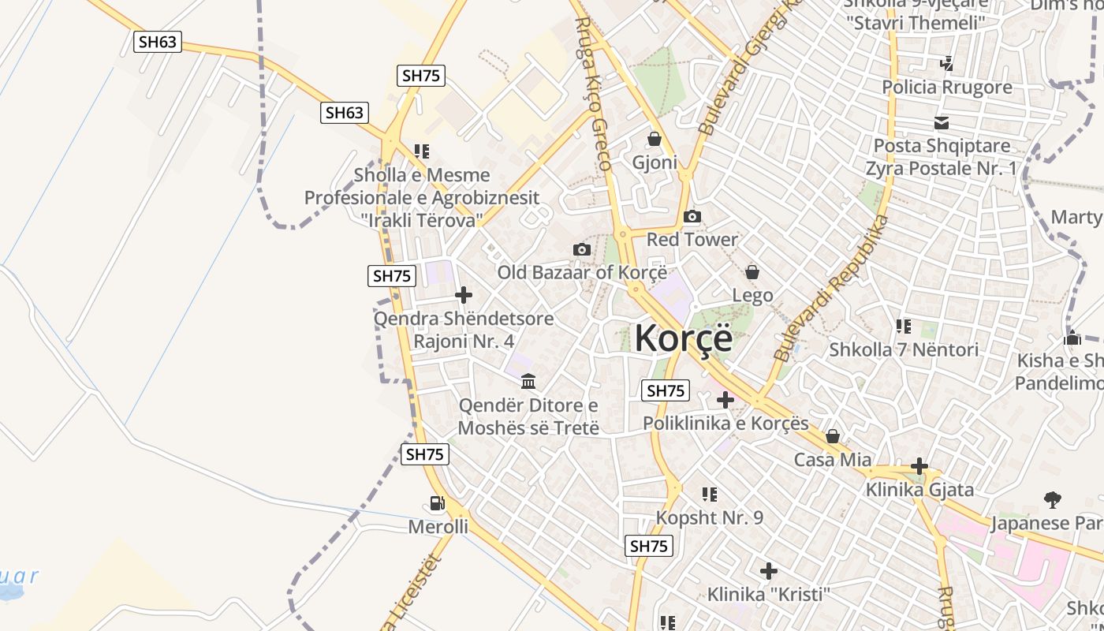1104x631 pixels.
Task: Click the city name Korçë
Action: pyautogui.click(x=683, y=338)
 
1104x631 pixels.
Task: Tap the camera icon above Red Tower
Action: pyautogui.click(x=692, y=217)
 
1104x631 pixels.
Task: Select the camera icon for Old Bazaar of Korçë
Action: pyautogui.click(x=582, y=250)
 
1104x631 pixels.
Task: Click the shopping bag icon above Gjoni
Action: pyautogui.click(x=654, y=140)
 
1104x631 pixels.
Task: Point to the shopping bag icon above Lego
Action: pyautogui.click(x=752, y=272)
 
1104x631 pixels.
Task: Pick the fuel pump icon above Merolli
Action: pyautogui.click(x=437, y=502)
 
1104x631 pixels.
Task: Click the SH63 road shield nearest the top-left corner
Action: pyautogui.click(x=158, y=42)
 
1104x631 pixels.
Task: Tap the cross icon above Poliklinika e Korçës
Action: pyautogui.click(x=725, y=400)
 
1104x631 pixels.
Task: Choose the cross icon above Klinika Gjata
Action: pyautogui.click(x=919, y=466)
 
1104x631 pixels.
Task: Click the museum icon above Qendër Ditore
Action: pyautogui.click(x=528, y=382)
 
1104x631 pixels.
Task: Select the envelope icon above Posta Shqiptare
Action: pyautogui.click(x=942, y=123)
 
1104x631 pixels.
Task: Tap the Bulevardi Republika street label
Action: pyautogui.click(x=832, y=288)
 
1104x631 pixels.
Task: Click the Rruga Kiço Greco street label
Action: pyautogui.click(x=593, y=93)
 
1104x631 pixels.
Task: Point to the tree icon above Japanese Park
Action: pyautogui.click(x=1052, y=499)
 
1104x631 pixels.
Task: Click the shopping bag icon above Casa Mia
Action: pyautogui.click(x=833, y=436)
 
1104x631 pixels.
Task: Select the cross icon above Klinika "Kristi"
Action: pyautogui.click(x=769, y=570)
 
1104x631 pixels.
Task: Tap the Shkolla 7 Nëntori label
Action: pyautogui.click(x=904, y=349)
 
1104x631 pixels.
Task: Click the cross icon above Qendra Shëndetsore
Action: pyautogui.click(x=464, y=296)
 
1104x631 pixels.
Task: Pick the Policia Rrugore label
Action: pyautogui.click(x=946, y=87)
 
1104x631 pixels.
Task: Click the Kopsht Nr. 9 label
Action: pyautogui.click(x=710, y=518)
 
